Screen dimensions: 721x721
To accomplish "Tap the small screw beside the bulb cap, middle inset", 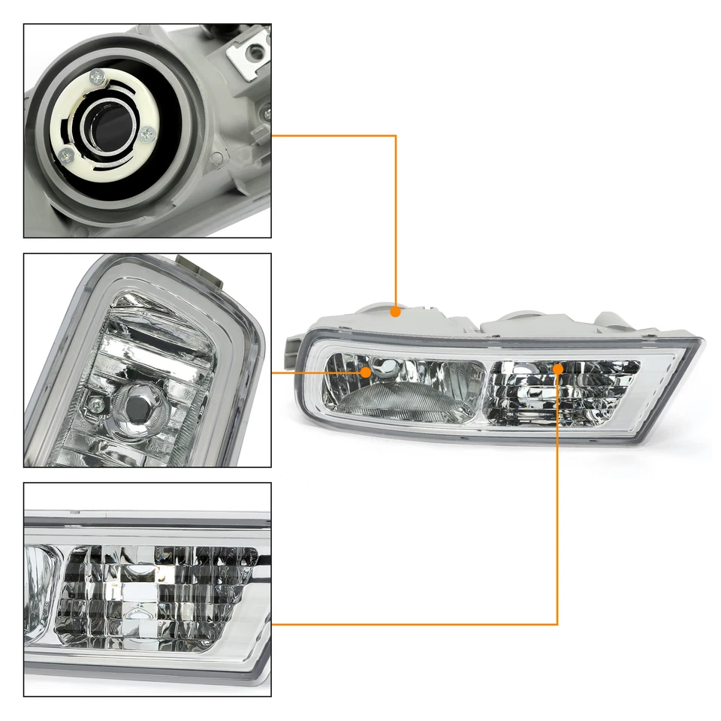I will (x=95, y=404).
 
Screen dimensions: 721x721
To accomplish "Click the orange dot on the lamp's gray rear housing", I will (x=395, y=309).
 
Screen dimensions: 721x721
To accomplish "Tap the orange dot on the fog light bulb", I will (x=366, y=372).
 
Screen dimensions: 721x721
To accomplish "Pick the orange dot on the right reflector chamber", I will (x=557, y=370).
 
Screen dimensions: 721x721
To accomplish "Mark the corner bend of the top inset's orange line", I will (x=395, y=136).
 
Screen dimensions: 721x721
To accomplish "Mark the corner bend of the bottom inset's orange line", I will (x=557, y=624).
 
